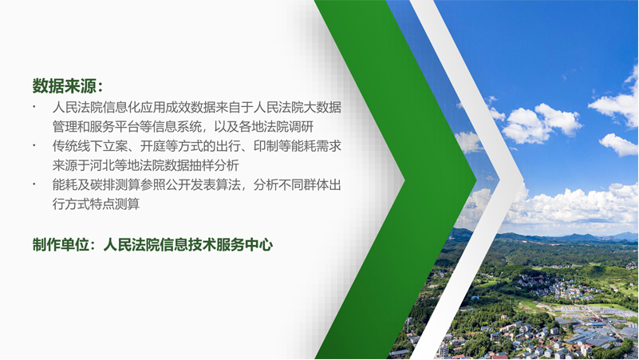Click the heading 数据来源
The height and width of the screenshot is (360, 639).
pos(65,86)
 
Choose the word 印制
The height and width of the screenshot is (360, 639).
pos(266,146)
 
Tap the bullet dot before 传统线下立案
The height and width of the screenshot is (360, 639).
pos(34,145)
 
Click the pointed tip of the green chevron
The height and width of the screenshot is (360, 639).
pos(476,179)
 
